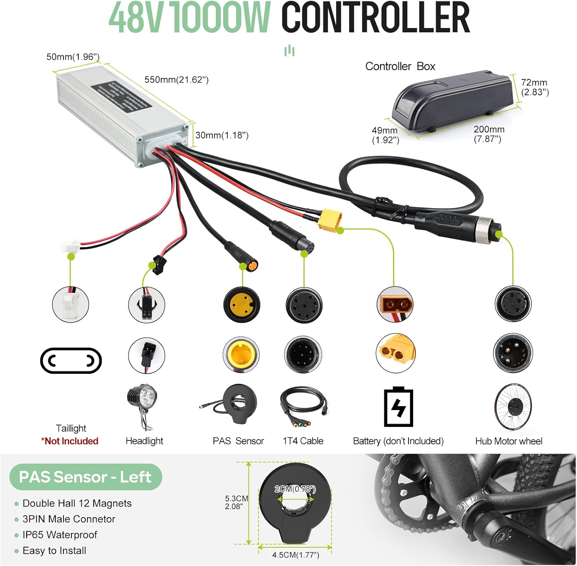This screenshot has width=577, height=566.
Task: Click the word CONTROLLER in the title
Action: tap(375, 18)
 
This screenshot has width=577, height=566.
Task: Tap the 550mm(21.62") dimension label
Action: tap(176, 80)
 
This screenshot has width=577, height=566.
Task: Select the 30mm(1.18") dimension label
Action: tap(222, 135)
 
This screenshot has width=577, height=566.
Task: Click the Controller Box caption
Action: tap(400, 66)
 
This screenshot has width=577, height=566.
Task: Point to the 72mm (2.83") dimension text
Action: tap(535, 87)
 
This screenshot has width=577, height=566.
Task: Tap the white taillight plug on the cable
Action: tap(70, 245)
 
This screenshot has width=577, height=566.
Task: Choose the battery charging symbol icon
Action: tap(399, 407)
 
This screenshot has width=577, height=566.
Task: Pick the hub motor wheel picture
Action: tap(513, 406)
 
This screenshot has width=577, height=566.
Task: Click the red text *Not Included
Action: tap(70, 441)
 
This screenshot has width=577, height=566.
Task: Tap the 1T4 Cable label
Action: tap(303, 441)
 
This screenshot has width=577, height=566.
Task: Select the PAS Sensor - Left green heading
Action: tap(85, 477)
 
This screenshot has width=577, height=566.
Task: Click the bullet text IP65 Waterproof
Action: tap(60, 535)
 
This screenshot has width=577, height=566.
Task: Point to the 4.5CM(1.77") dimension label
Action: tap(295, 555)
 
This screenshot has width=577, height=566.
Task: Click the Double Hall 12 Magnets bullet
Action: tap(77, 503)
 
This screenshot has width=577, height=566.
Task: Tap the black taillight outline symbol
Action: tap(71, 361)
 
